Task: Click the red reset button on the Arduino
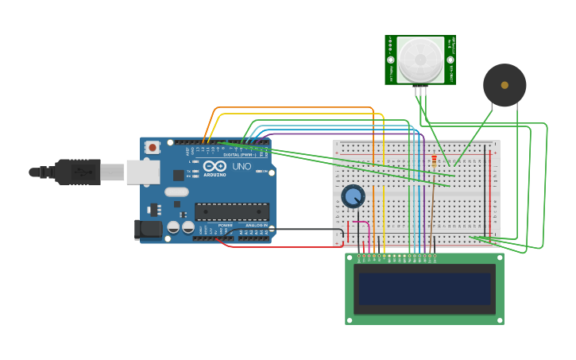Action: click(x=152, y=147)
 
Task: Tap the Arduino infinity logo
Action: click(x=215, y=167)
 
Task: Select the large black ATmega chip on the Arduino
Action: click(x=232, y=211)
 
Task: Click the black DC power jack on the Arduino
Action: click(x=148, y=229)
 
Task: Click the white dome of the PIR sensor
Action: click(x=420, y=59)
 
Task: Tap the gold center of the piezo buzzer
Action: click(x=504, y=85)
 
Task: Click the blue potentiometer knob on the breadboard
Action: click(x=353, y=195)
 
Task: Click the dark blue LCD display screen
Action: click(x=424, y=288)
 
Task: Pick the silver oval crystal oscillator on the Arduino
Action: click(x=176, y=192)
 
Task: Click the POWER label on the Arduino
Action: click(x=226, y=225)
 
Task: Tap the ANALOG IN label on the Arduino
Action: click(x=256, y=225)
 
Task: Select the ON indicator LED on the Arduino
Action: click(x=258, y=171)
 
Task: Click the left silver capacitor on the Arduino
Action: click(x=173, y=227)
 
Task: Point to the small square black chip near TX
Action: click(x=179, y=175)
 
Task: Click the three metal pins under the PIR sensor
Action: click(x=420, y=91)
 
